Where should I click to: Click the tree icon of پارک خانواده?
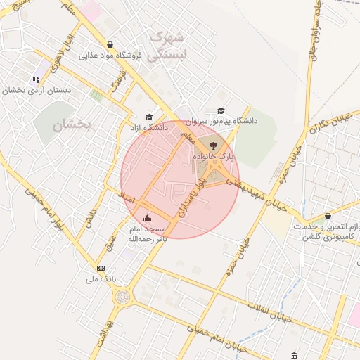pyautogui.click(x=214, y=144)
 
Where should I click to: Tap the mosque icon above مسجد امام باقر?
pyautogui.click(x=146, y=219)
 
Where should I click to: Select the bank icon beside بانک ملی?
pyautogui.click(x=101, y=268)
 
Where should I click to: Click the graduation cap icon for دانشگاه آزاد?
pyautogui.click(x=148, y=117)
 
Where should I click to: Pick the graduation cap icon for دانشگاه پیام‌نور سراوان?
pyautogui.click(x=221, y=110)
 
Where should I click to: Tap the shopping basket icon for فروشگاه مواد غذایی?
pyautogui.click(x=108, y=44)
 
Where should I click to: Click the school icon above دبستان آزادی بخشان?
pyautogui.click(x=36, y=79)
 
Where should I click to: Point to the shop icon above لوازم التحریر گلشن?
pyautogui.click(x=328, y=217)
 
